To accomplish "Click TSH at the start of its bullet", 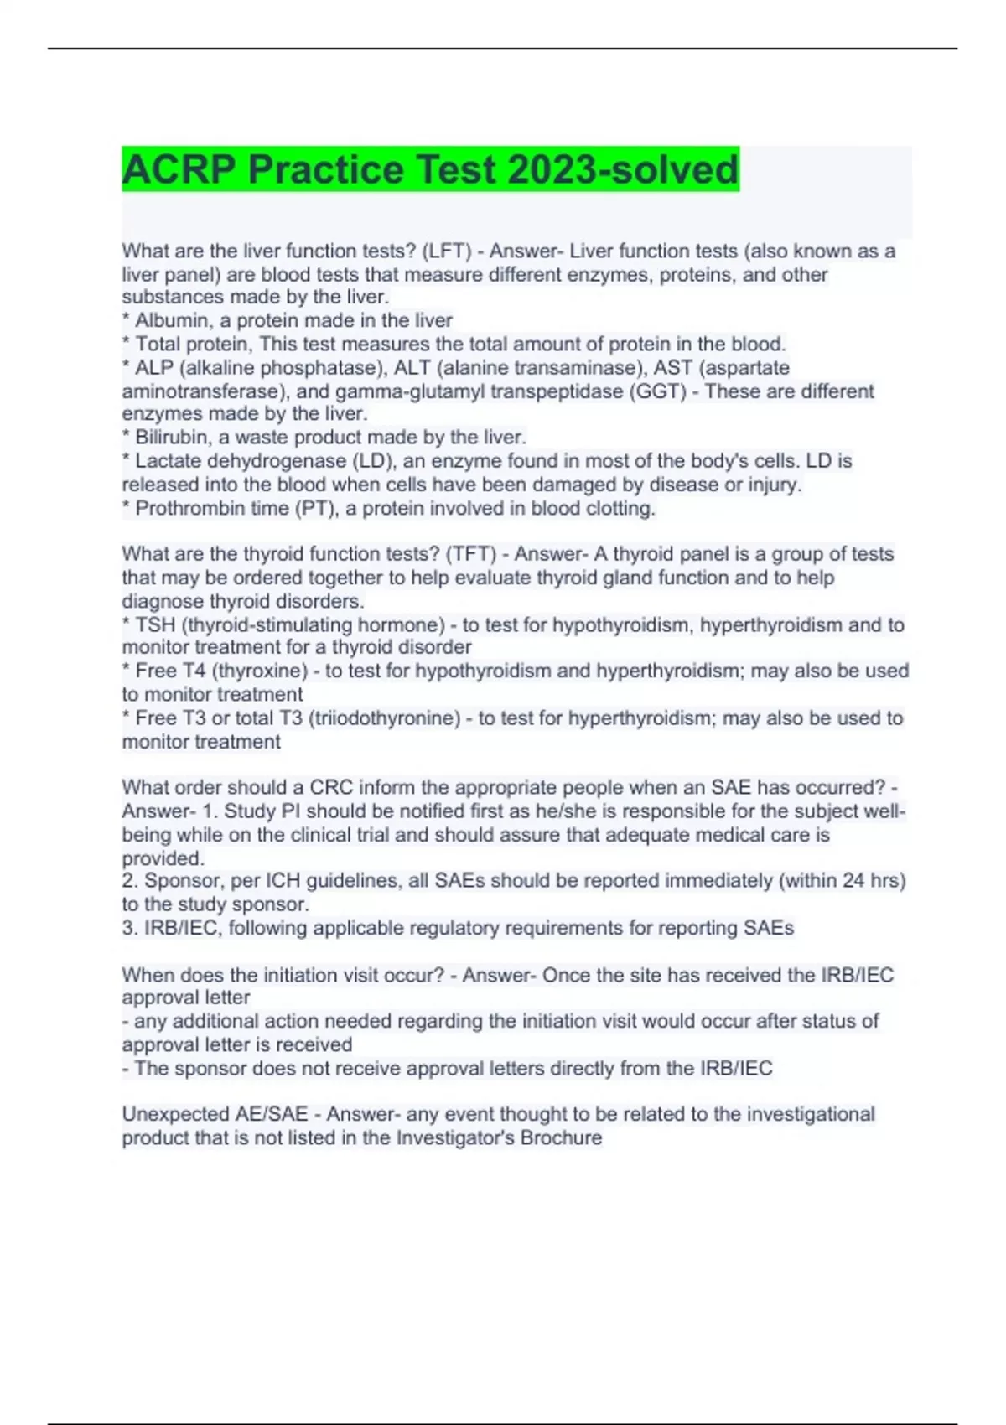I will click(x=155, y=625).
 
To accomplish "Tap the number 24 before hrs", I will click(x=853, y=881).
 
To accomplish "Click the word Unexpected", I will click(x=174, y=1115).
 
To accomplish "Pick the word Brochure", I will click(x=561, y=1138).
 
